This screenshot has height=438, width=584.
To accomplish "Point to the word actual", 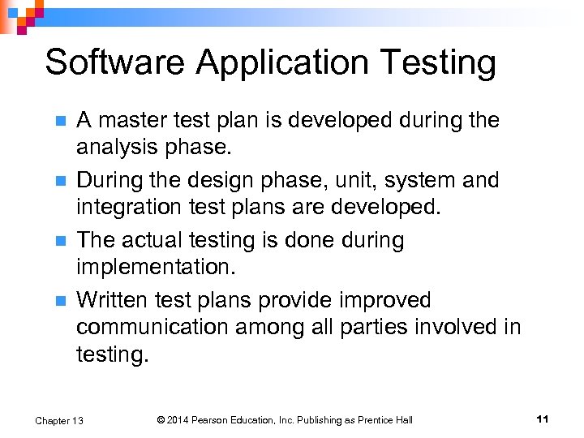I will pos(155,240).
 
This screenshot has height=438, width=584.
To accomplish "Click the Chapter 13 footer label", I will pos(59,420).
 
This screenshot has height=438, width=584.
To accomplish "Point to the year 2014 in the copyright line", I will pos(179,420).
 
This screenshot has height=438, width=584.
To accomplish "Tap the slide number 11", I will pos(543,419).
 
